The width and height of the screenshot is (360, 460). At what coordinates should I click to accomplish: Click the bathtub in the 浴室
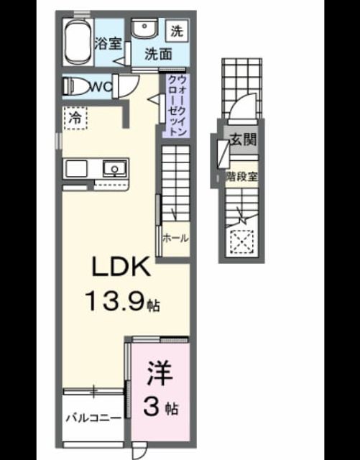[x=78, y=42]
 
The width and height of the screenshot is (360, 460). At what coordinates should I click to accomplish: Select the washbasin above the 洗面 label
[x=144, y=29]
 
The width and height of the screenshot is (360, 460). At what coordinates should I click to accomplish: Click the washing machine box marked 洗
[x=177, y=30]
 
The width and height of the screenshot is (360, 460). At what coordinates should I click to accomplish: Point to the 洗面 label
[x=158, y=54]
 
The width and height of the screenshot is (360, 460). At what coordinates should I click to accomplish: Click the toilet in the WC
[x=77, y=86]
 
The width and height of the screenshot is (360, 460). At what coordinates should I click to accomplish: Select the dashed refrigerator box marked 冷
[x=75, y=118]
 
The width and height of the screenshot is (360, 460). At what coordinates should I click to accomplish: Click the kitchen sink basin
[x=115, y=169]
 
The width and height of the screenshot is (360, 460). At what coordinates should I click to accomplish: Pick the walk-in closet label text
[x=177, y=106]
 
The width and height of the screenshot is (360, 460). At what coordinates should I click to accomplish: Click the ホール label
[x=175, y=238]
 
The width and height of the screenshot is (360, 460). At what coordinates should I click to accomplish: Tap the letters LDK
[x=121, y=267]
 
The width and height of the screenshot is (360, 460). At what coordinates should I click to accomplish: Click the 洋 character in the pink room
[x=160, y=373]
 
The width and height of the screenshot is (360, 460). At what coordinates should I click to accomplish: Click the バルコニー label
[x=93, y=418]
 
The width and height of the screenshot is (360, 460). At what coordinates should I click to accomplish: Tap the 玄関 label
[x=243, y=139]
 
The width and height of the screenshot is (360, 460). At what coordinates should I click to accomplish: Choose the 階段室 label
[x=241, y=177]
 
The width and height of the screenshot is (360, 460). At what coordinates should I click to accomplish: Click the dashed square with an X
[x=241, y=242]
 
